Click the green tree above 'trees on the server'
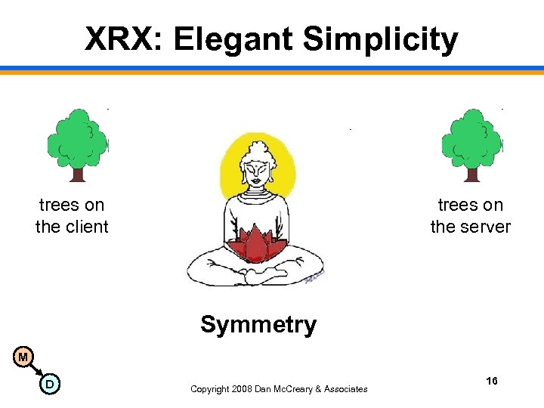tap(471, 138)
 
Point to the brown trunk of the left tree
tap(77, 173)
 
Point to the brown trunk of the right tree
tap(471, 173)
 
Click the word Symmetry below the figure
tap(258, 325)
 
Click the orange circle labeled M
tap(24, 357)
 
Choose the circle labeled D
tap(49, 385)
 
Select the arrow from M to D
tap(36, 370)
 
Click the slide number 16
tap(492, 382)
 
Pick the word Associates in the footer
tap(345, 389)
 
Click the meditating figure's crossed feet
tap(256, 277)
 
